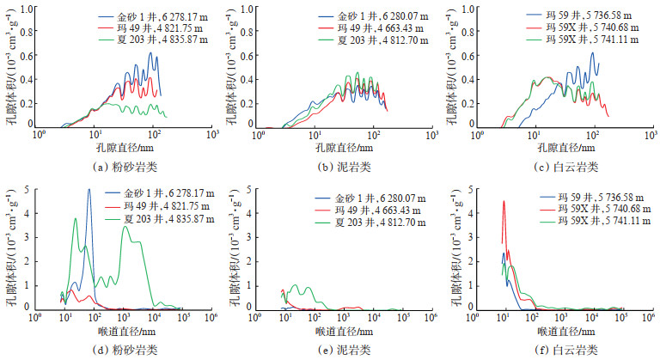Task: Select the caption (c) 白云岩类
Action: coord(563,166)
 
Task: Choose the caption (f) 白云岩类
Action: coord(563,350)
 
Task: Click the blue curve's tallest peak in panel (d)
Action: coord(89,191)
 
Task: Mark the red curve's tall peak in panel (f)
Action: coord(504,202)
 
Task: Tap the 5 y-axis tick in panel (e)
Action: coord(249,189)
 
